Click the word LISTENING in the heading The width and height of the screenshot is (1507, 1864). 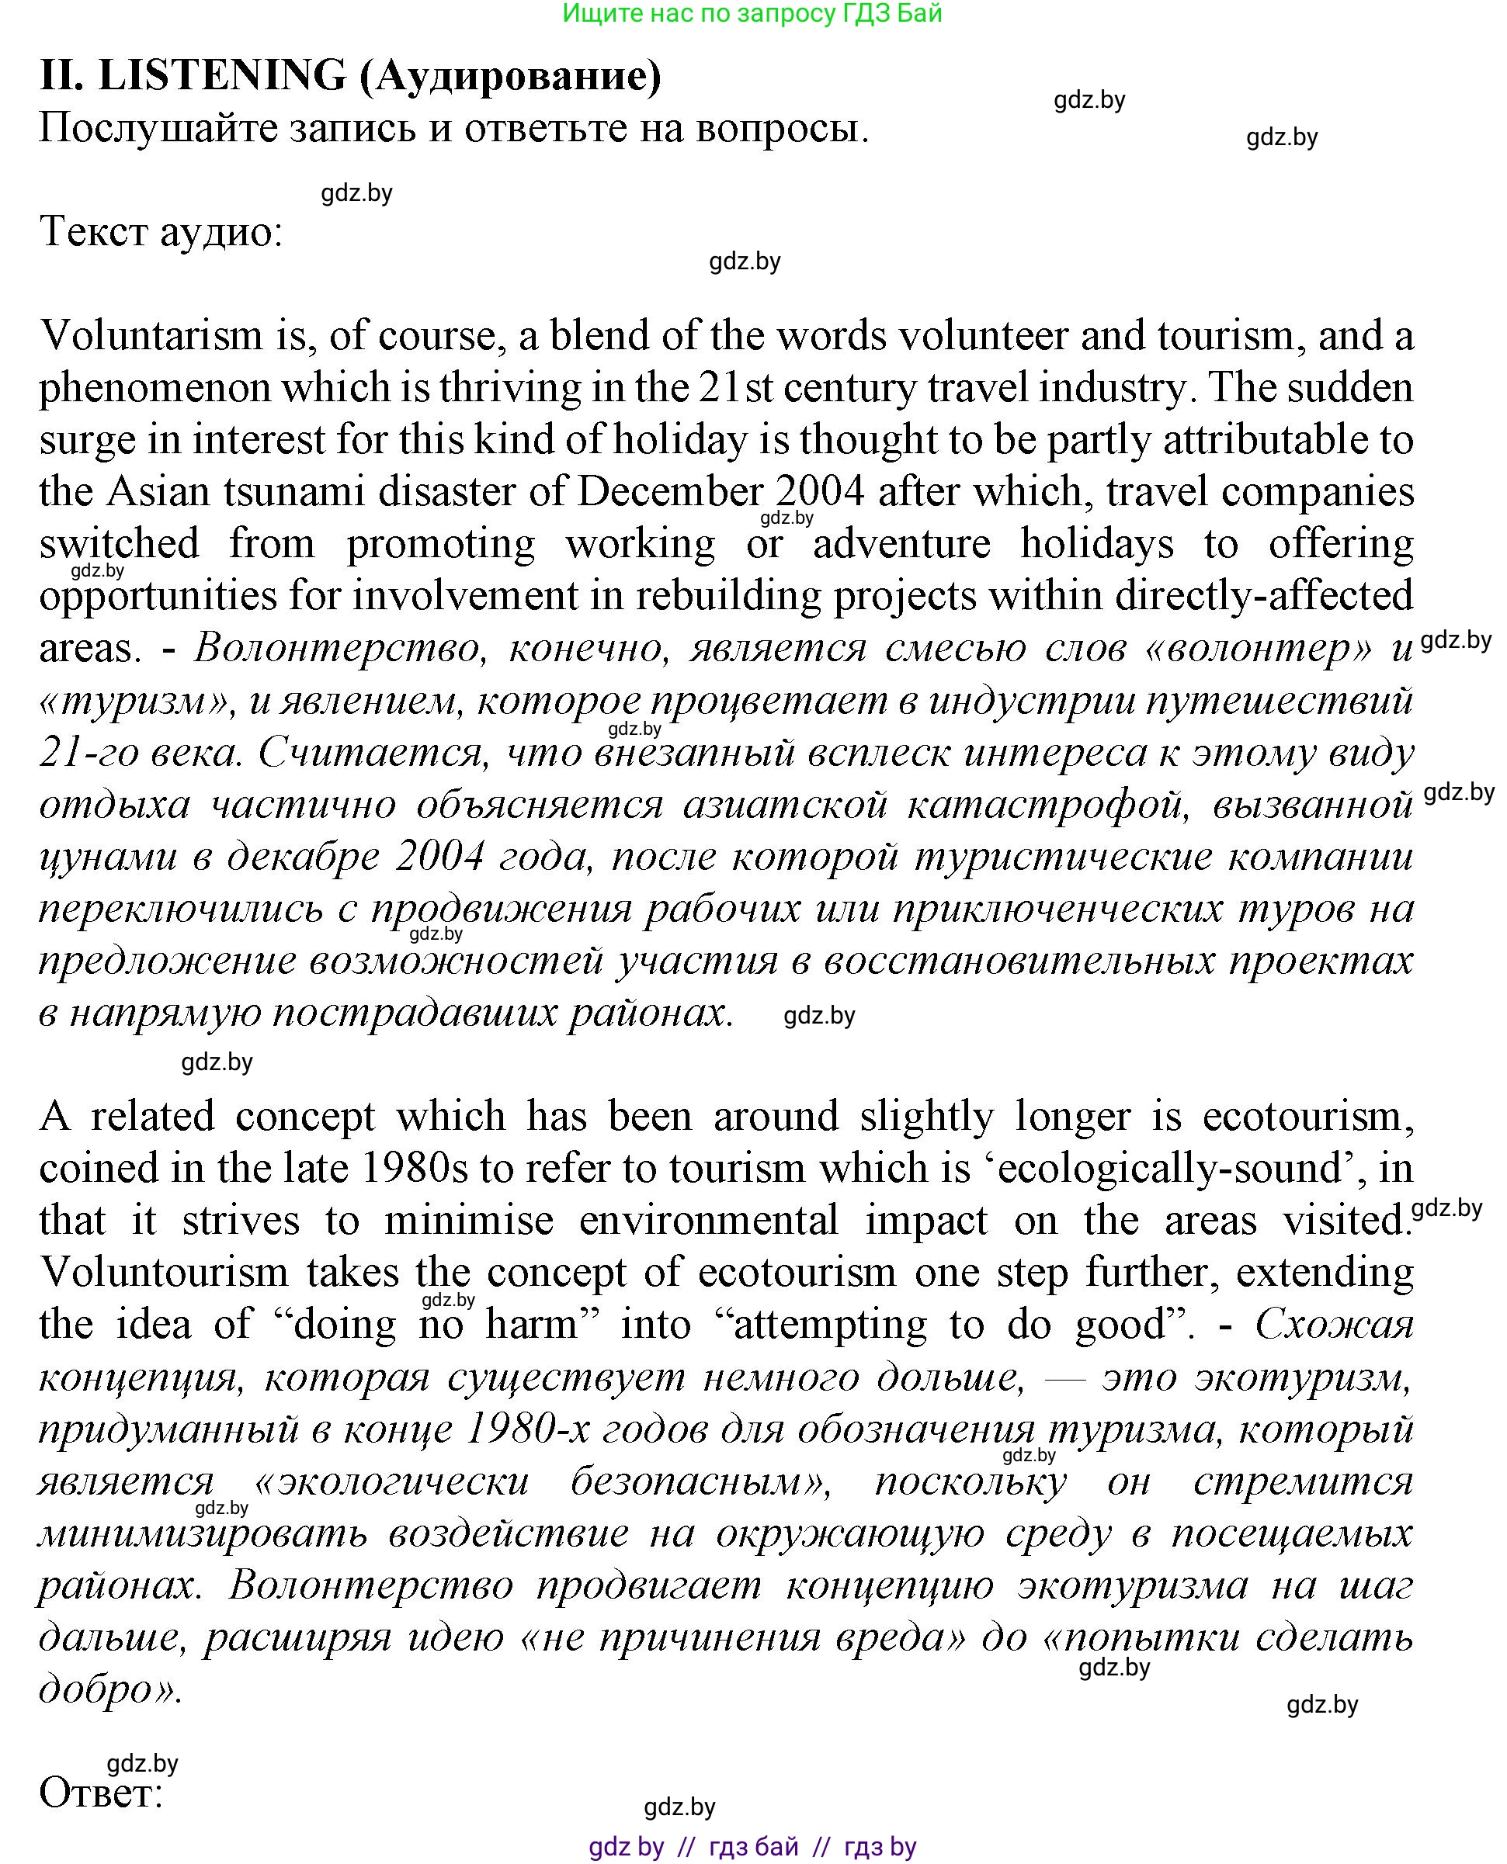[x=222, y=75]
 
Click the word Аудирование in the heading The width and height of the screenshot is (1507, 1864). [x=510, y=75]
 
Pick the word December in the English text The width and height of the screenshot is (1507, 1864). [x=669, y=492]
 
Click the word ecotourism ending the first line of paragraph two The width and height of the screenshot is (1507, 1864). [x=1302, y=1117]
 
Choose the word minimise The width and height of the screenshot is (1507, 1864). [x=469, y=1221]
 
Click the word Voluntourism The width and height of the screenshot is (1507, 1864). [x=164, y=1273]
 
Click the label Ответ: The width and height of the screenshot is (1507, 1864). [x=102, y=1793]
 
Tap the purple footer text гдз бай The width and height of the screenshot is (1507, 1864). [x=753, y=1847]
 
